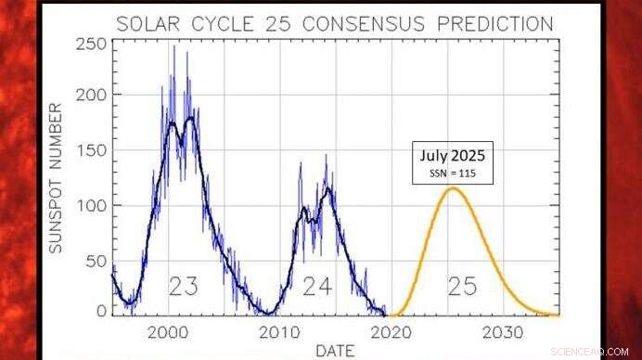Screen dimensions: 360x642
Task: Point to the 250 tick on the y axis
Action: [x=90, y=44]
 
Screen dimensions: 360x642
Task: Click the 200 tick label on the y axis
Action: [x=90, y=96]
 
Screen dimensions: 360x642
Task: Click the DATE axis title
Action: [x=335, y=351]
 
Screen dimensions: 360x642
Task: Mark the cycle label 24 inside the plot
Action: [x=317, y=288]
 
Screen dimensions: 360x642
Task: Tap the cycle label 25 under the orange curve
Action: [x=461, y=288]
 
